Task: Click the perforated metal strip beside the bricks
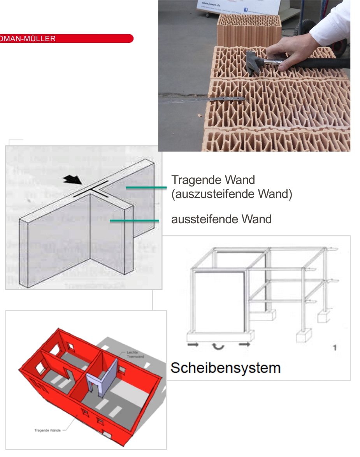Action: tap(202, 100)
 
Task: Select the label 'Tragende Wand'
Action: tap(213, 180)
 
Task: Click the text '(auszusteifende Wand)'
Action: tap(232, 194)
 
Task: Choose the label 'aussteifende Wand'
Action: tap(221, 219)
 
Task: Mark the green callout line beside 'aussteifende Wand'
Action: tap(134, 221)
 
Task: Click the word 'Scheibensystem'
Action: tap(225, 368)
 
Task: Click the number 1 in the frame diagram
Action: tap(335, 347)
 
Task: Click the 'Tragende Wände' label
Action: tap(47, 430)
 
